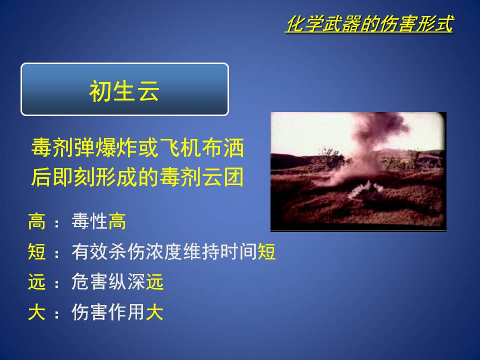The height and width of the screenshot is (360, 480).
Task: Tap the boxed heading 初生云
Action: [x=124, y=91]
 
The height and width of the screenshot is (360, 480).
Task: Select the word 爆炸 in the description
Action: [x=116, y=148]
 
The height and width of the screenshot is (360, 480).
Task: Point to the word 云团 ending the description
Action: [x=223, y=177]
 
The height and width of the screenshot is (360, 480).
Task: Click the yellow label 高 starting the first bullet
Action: [x=36, y=221]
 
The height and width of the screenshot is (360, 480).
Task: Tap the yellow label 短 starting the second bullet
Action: [x=36, y=251]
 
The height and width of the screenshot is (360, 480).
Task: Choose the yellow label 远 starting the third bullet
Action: [x=36, y=281]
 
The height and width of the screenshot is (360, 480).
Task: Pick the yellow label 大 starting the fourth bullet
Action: [x=36, y=312]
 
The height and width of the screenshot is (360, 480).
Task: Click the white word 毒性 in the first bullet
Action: [x=89, y=221]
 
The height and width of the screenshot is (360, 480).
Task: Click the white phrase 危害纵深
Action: [x=108, y=281]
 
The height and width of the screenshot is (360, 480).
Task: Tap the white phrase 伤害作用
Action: [x=108, y=312]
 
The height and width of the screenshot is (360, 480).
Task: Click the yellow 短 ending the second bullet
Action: [x=266, y=251]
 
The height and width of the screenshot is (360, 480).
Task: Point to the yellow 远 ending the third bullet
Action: [x=154, y=281]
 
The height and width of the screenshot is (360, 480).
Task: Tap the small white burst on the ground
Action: [x=366, y=189]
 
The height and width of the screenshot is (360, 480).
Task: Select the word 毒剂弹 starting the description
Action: [x=63, y=148]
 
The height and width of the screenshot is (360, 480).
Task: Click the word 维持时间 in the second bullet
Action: [x=220, y=251]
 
